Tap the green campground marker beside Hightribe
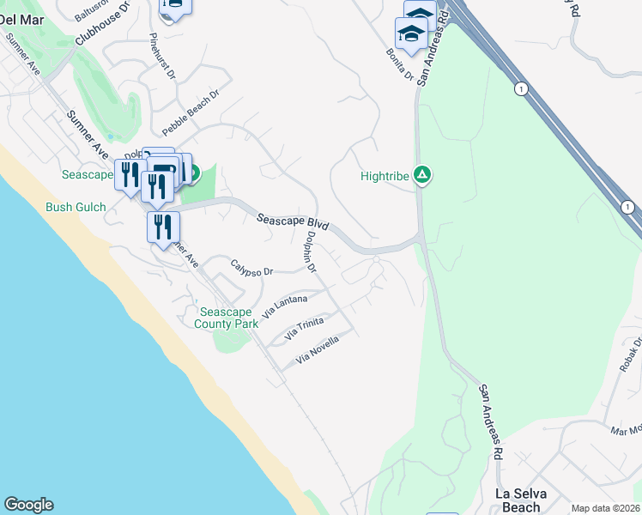421,176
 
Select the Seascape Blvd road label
294,222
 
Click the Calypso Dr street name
251,269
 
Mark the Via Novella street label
318,349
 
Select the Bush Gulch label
76,207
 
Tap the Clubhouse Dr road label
101,23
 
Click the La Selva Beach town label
521,500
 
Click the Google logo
28,505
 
